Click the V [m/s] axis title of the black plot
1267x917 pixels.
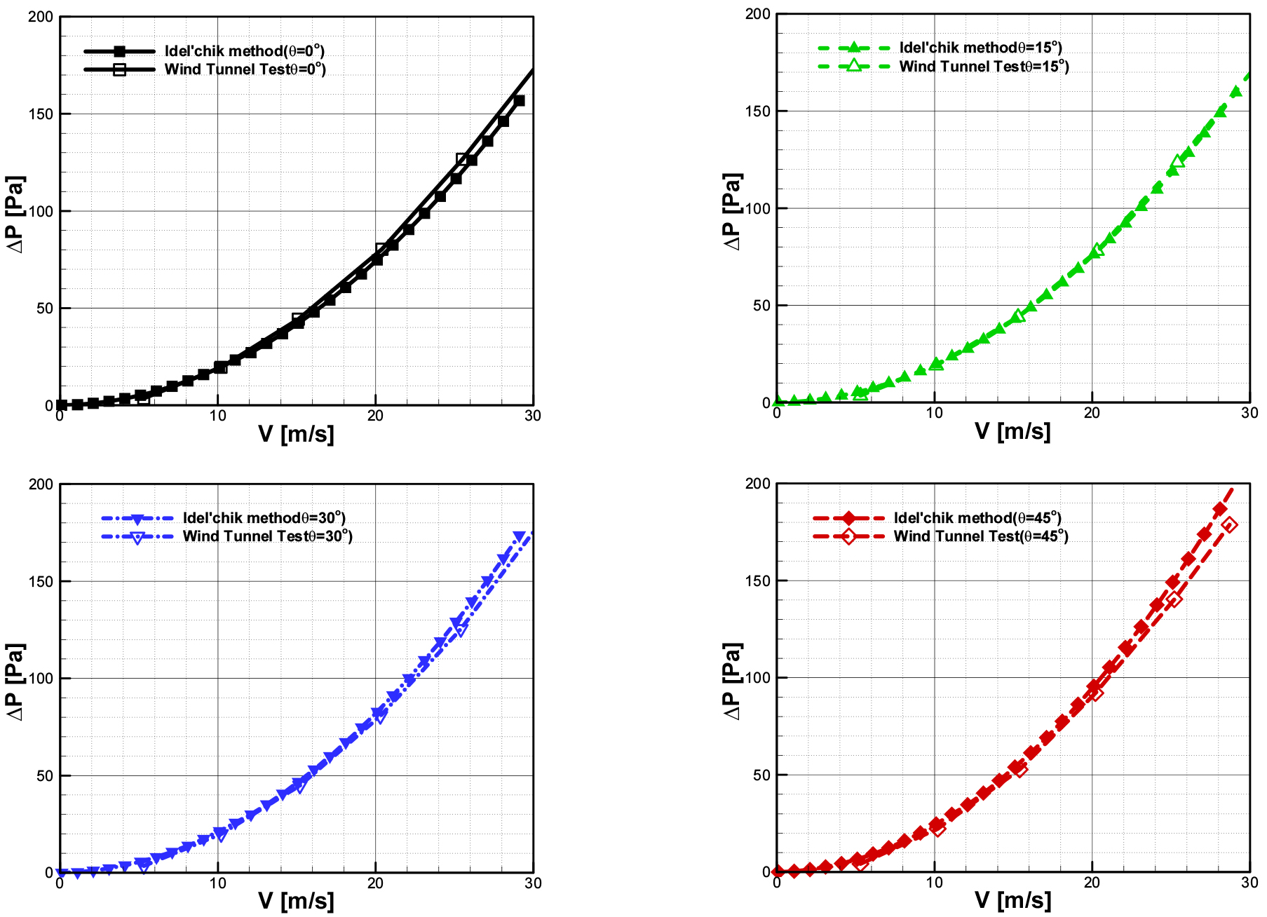coord(296,434)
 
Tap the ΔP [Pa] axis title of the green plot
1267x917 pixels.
coord(731,211)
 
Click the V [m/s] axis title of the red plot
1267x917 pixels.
coord(1012,900)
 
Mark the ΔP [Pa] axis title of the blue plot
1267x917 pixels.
coord(15,681)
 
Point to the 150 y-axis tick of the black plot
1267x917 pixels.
coord(41,114)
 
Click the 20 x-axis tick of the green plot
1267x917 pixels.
coord(1092,413)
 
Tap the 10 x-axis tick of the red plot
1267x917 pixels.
coord(934,883)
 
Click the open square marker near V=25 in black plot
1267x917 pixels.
coord(462,159)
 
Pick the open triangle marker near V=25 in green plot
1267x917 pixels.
coord(1177,162)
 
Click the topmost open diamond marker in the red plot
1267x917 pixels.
coord(1228,524)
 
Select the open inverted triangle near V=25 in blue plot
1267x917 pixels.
coord(460,630)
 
